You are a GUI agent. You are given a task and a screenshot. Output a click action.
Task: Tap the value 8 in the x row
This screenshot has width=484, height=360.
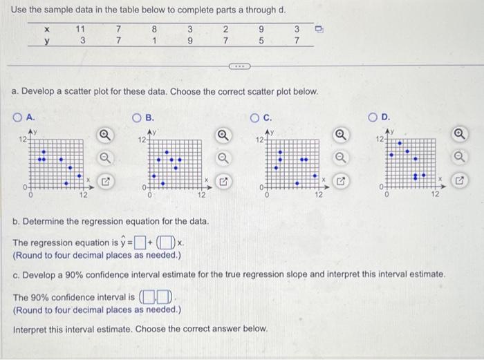(x=154, y=29)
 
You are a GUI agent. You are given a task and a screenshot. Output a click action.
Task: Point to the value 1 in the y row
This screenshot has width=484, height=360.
(x=154, y=41)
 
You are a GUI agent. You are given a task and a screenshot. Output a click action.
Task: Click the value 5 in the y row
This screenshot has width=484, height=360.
(x=259, y=41)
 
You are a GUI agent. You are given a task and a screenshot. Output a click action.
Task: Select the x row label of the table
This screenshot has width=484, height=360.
(x=46, y=29)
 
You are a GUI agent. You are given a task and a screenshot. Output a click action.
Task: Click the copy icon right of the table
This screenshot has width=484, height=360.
(x=319, y=30)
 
